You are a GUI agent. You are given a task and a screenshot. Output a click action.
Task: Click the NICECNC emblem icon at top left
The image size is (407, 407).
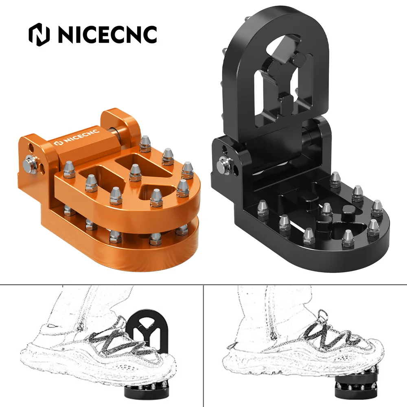[x=40, y=34]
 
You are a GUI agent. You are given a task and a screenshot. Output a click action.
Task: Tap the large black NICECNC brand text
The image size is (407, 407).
[x=107, y=34]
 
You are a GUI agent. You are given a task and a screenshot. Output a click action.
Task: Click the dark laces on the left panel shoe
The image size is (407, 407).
[x=118, y=342]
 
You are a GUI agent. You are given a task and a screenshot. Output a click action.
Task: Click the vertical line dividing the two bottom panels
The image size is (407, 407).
[x=203, y=346]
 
